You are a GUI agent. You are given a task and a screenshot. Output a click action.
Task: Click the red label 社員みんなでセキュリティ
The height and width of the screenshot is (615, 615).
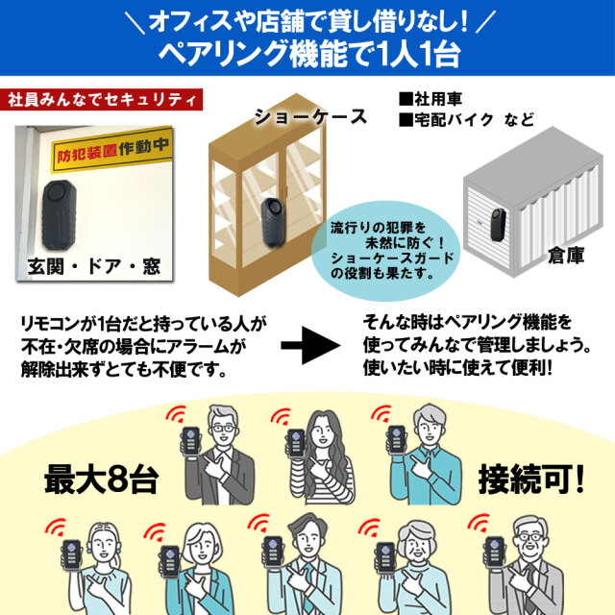click(x=104, y=100)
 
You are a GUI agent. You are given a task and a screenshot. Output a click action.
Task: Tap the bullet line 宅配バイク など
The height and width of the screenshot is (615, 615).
click(x=466, y=120)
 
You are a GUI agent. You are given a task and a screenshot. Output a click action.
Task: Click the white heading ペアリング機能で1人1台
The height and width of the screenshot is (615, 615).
click(x=307, y=53)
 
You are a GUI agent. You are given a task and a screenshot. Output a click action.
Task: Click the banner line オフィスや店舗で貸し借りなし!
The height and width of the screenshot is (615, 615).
click(x=307, y=20)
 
